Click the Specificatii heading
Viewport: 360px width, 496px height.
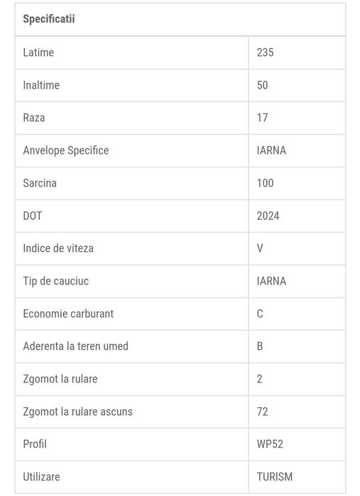(x=49, y=19)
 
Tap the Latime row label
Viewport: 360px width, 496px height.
(x=38, y=53)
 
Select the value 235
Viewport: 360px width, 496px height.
(x=266, y=53)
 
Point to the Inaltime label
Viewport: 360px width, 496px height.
(x=41, y=85)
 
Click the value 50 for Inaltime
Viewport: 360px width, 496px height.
(x=263, y=85)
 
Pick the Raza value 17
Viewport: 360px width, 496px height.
(x=263, y=118)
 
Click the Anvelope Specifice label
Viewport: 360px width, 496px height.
(x=66, y=150)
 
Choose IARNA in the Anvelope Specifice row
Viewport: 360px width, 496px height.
(x=271, y=150)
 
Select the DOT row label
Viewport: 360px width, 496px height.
(x=33, y=216)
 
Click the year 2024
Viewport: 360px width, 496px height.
(x=268, y=216)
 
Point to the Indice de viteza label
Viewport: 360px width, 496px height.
(x=58, y=248)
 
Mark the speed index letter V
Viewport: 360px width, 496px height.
(x=260, y=248)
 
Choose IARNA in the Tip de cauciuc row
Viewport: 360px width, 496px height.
(x=271, y=281)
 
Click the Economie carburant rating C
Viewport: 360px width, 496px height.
(x=260, y=314)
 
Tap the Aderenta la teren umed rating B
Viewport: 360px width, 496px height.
(x=260, y=346)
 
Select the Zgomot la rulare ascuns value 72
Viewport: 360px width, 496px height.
(x=263, y=412)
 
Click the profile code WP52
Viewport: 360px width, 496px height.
(x=270, y=444)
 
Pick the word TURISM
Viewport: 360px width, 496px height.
(x=275, y=477)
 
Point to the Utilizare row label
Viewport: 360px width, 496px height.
(x=41, y=477)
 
